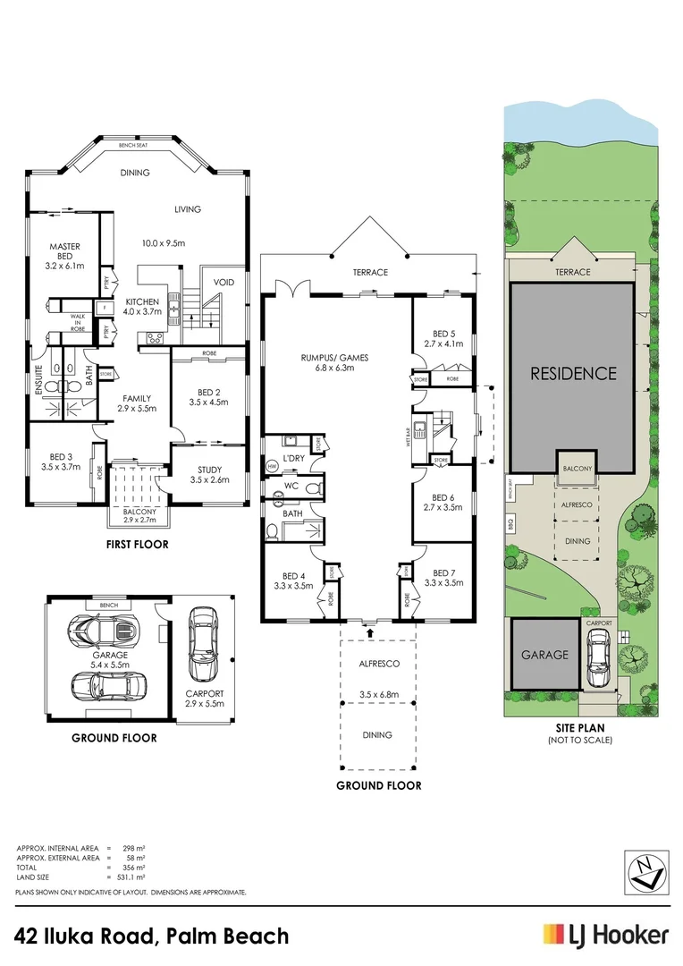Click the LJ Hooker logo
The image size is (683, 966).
(x=605, y=936)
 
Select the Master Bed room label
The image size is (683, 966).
(x=65, y=256)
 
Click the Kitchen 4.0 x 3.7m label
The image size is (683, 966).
(x=143, y=307)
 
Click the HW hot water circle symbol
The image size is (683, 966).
(x=272, y=466)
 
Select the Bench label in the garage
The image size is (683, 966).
(x=109, y=606)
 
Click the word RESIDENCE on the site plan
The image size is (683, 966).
(x=573, y=373)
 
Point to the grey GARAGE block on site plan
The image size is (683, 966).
(x=544, y=655)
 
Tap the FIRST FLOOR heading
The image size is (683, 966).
(x=136, y=544)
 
